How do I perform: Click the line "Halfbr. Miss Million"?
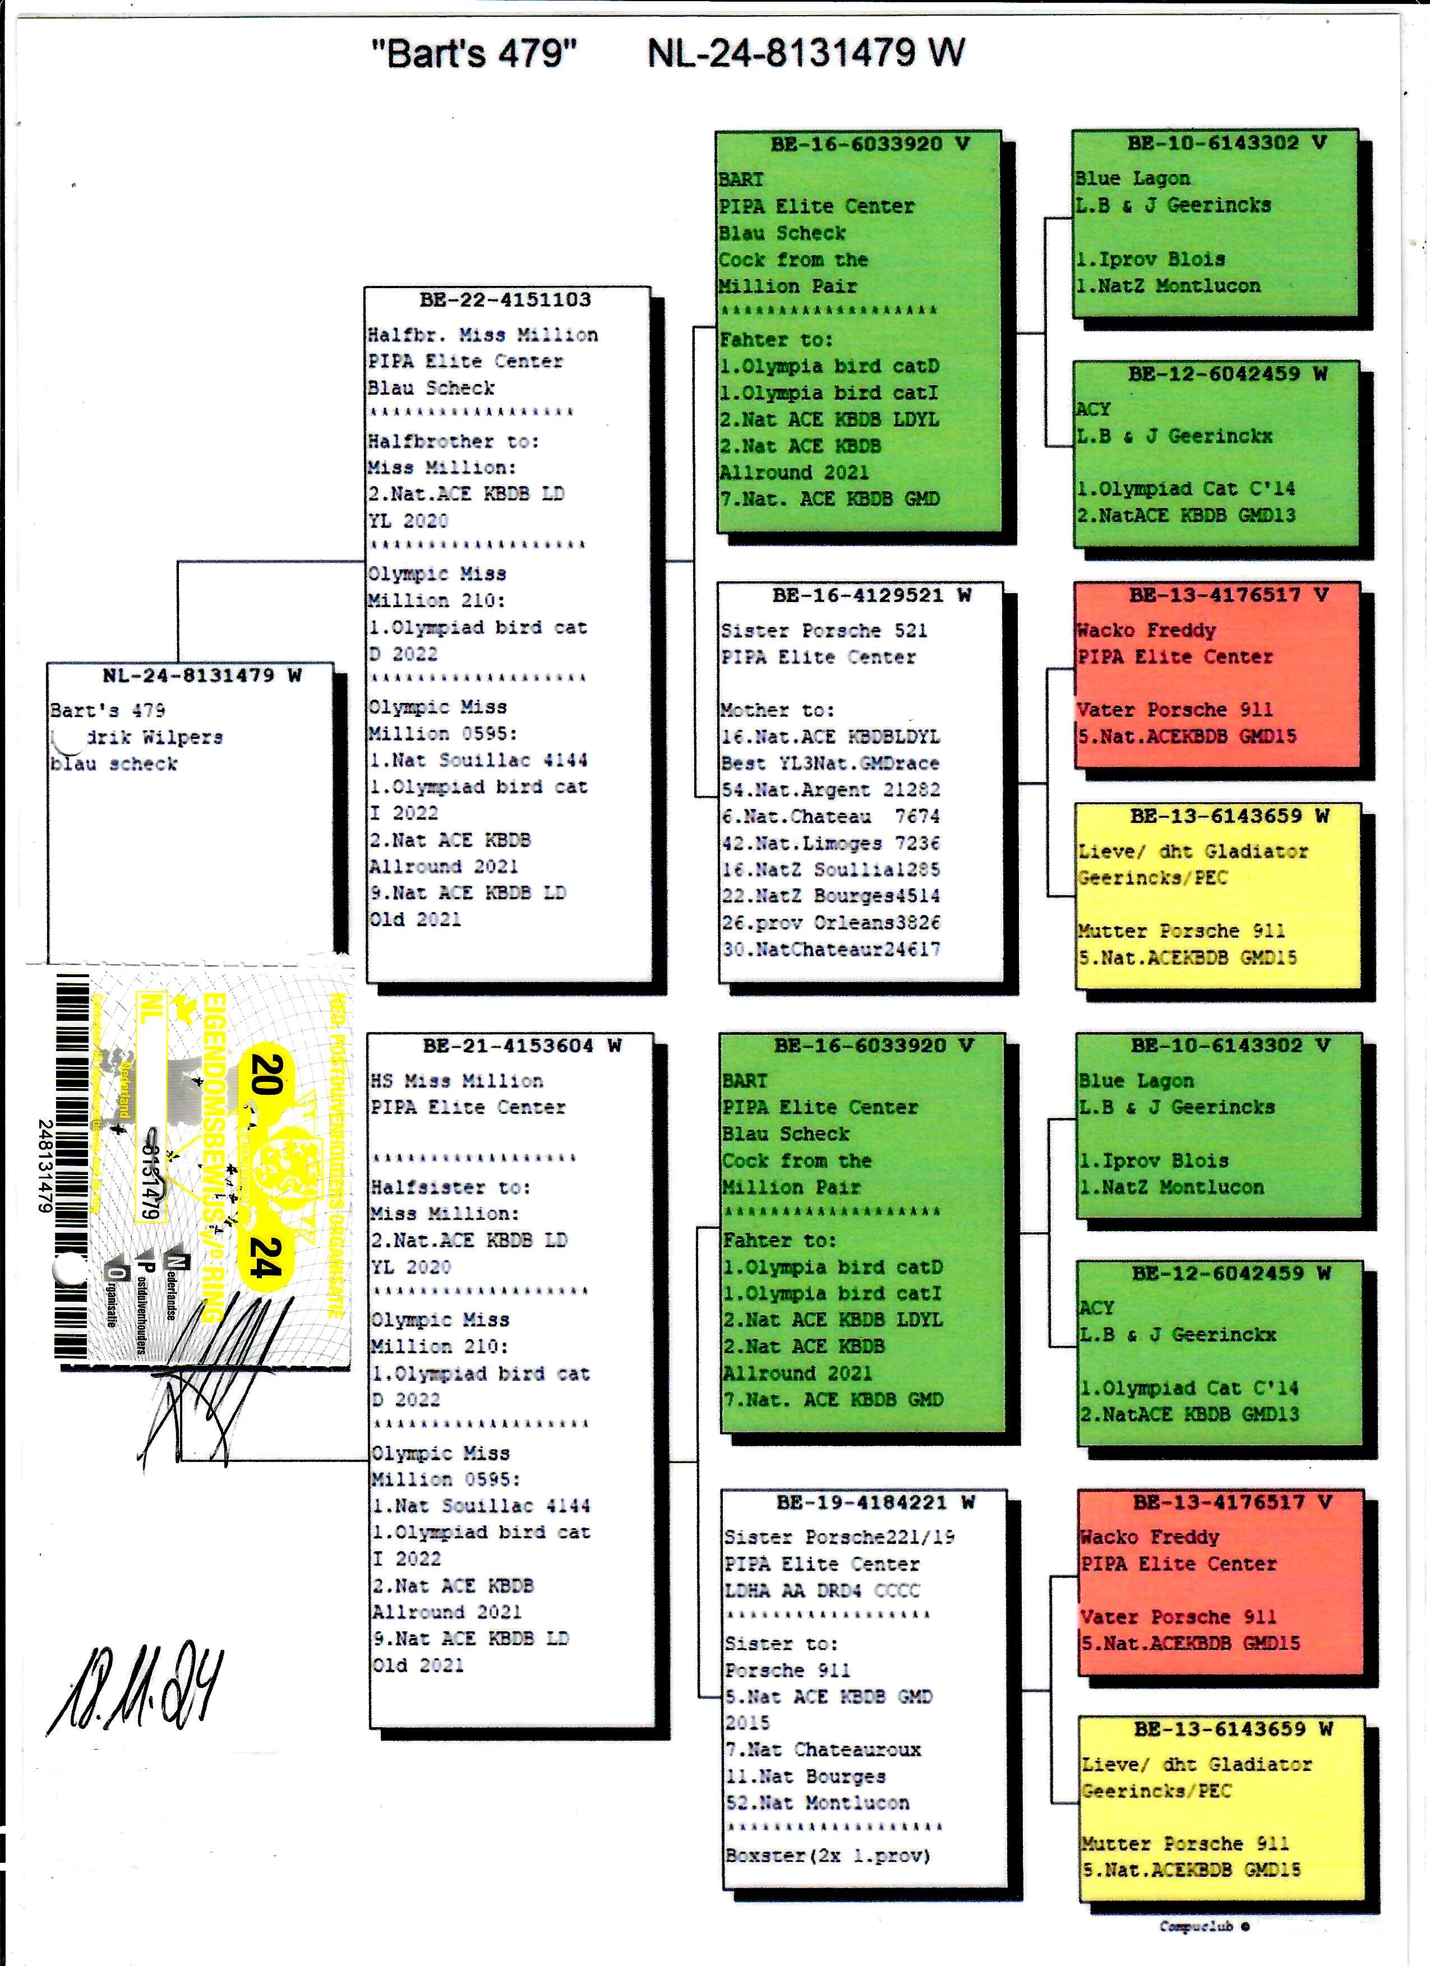point(482,335)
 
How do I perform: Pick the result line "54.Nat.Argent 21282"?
point(830,790)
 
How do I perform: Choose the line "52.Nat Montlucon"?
point(817,1803)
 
